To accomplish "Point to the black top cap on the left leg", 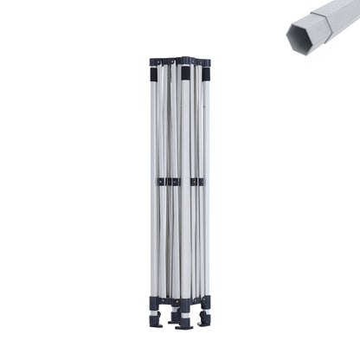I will [x=154, y=74].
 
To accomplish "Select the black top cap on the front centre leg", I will [x=184, y=73].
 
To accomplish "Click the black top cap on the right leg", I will [x=206, y=73].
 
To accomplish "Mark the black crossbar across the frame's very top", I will [x=180, y=61].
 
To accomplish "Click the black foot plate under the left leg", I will [x=155, y=320].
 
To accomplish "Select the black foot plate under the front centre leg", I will [x=183, y=325].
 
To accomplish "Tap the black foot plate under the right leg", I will [x=204, y=319].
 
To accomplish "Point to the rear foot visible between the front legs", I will [x=173, y=317].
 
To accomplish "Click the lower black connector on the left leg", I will [x=154, y=302].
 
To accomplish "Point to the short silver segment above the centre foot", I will [x=183, y=316].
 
